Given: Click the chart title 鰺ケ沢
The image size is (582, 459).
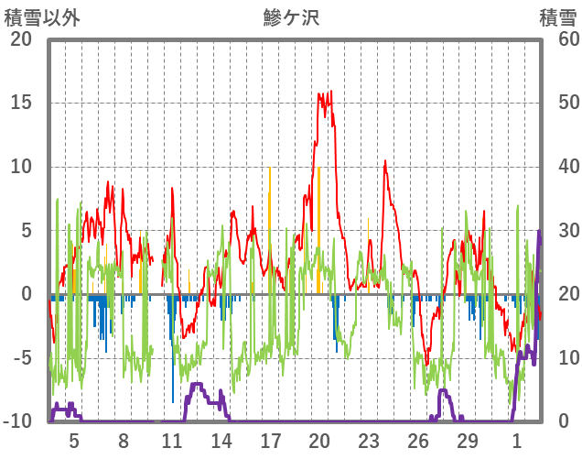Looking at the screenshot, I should [x=290, y=17].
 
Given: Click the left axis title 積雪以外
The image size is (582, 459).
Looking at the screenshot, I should [x=43, y=17].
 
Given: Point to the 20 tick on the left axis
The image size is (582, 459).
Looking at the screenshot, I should [x=21, y=39].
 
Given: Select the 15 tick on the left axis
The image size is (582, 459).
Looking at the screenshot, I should [x=21, y=103].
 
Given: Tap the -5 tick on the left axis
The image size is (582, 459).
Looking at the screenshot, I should [x=21, y=358].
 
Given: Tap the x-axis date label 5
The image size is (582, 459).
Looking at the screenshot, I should [x=74, y=440].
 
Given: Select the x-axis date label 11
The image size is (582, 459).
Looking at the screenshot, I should [x=172, y=440].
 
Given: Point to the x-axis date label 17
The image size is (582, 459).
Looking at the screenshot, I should [x=271, y=440].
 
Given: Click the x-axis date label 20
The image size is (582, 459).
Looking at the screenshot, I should [x=319, y=440].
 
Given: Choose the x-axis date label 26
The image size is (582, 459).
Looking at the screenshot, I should [x=418, y=440].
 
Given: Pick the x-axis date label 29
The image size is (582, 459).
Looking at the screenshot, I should [x=468, y=440].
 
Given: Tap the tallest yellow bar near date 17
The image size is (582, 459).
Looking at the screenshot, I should [x=270, y=169].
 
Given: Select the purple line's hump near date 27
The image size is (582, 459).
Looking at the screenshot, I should [x=444, y=391].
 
